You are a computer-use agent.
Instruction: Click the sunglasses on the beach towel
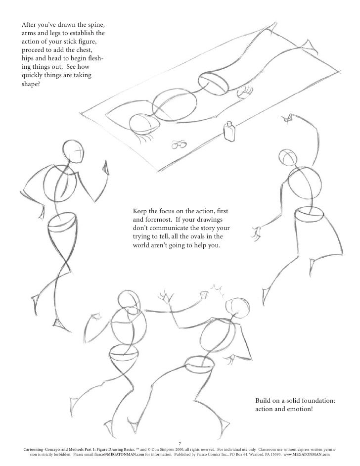click(x=179, y=144)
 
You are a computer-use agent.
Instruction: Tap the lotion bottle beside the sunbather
click(x=229, y=131)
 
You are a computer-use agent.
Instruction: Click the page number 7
click(x=180, y=444)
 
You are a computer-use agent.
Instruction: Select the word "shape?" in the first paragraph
click(x=31, y=84)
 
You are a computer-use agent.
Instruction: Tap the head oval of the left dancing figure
click(x=73, y=151)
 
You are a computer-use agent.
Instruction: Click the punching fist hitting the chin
click(x=203, y=295)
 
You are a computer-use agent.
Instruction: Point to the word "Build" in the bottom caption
click(x=263, y=400)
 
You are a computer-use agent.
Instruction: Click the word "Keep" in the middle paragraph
click(x=140, y=211)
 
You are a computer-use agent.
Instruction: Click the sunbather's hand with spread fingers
click(x=245, y=91)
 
